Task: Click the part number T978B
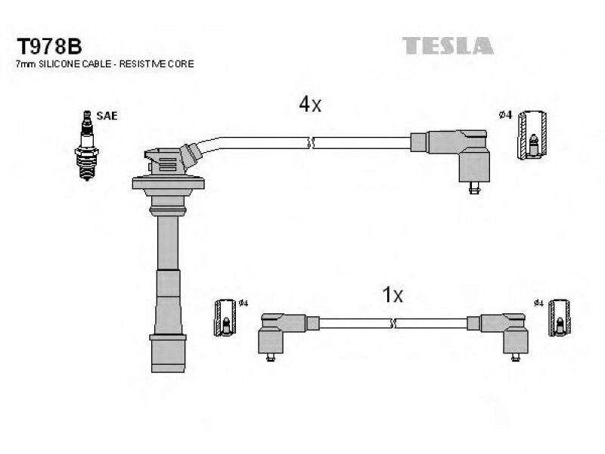click(x=49, y=47)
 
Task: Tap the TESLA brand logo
click(x=448, y=45)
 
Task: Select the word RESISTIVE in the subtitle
click(x=142, y=64)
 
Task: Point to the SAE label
click(x=107, y=116)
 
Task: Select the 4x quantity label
click(x=310, y=104)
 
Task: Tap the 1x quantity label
click(x=392, y=295)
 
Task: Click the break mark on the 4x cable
click(x=311, y=143)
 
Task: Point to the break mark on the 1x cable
click(x=393, y=324)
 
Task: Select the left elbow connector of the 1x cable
click(x=288, y=334)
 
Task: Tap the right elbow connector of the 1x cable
click(x=498, y=334)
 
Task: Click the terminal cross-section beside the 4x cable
click(x=532, y=135)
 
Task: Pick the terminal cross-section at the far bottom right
click(x=560, y=317)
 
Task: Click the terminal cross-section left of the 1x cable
click(x=225, y=317)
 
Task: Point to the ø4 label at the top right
click(x=505, y=115)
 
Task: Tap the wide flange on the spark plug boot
click(x=168, y=183)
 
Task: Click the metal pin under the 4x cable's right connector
click(x=474, y=188)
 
